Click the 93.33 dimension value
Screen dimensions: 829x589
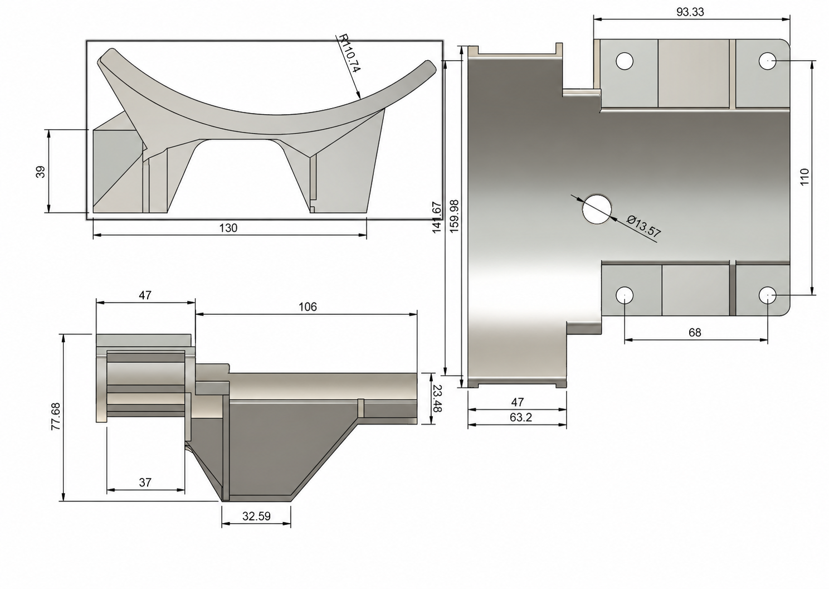pyautogui.click(x=690, y=12)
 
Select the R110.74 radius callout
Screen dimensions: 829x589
pyautogui.click(x=349, y=53)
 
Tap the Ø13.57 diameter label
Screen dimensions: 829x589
pyautogui.click(x=643, y=227)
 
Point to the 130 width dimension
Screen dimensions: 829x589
pyautogui.click(x=228, y=228)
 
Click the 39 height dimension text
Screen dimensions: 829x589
pyautogui.click(x=41, y=172)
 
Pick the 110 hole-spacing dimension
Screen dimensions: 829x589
pyautogui.click(x=804, y=177)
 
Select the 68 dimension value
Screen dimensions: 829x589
pyautogui.click(x=695, y=333)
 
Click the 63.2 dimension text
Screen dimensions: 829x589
pyautogui.click(x=521, y=417)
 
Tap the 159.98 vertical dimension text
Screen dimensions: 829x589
pyautogui.click(x=454, y=216)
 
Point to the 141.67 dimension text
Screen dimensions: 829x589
pyautogui.click(x=437, y=217)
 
